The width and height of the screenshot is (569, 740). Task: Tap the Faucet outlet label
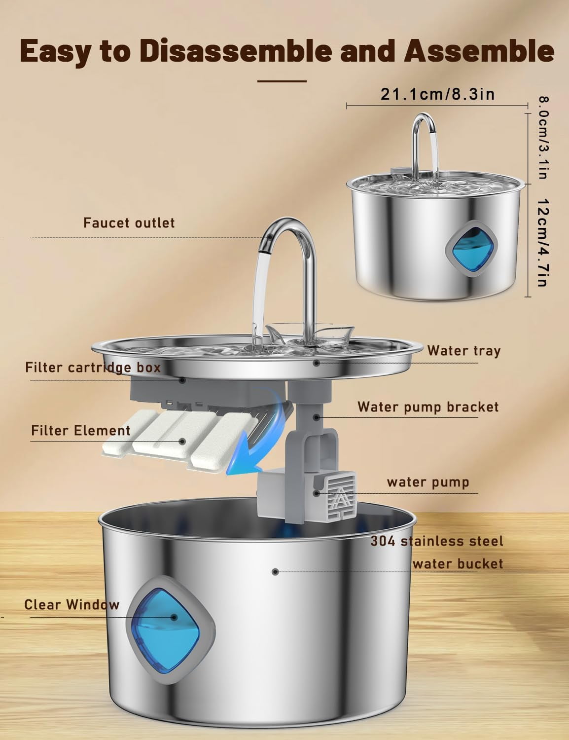click(129, 223)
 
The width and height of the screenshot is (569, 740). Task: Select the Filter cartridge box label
click(93, 368)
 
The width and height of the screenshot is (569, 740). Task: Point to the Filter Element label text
click(81, 431)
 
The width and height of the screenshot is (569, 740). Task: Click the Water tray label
click(464, 351)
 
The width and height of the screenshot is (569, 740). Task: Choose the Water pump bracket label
click(428, 407)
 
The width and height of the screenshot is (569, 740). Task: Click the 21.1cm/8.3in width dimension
click(438, 94)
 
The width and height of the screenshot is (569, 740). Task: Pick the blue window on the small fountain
click(472, 248)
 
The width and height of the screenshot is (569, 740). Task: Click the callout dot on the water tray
click(317, 363)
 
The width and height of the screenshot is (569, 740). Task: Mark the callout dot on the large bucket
click(275, 572)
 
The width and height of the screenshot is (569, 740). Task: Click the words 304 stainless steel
click(437, 541)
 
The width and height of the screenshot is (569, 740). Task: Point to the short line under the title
click(282, 81)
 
